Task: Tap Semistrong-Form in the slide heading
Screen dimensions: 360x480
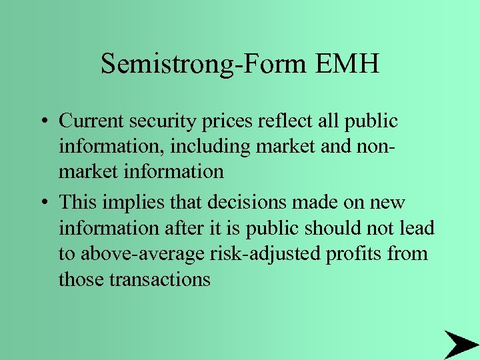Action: pos(201,65)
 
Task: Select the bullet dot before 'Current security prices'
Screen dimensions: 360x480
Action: pos(42,122)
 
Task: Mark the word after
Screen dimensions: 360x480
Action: pos(183,228)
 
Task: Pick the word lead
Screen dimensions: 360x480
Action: pos(417,228)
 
